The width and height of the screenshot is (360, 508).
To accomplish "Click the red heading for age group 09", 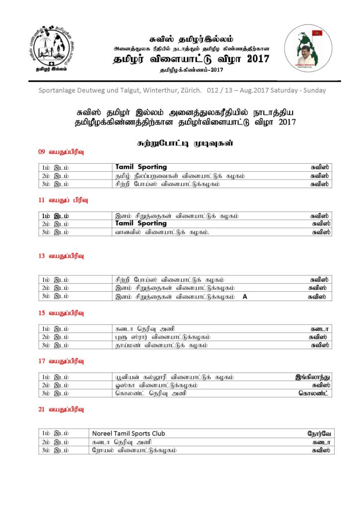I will tap(61, 151).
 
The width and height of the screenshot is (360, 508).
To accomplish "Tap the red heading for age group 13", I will tap(61, 256).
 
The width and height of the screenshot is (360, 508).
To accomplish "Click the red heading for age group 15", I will tap(61, 313).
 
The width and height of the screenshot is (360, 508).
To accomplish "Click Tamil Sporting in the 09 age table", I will tap(141, 167).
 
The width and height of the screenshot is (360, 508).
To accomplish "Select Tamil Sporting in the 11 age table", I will tap(141, 224).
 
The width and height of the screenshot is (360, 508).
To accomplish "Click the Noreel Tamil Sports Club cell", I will tap(129, 433).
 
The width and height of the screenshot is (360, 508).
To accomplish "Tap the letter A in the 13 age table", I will tap(245, 296).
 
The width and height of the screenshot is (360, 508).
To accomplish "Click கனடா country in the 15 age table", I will tap(321, 329).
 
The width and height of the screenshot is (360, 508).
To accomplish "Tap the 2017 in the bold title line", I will tap(254, 59).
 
